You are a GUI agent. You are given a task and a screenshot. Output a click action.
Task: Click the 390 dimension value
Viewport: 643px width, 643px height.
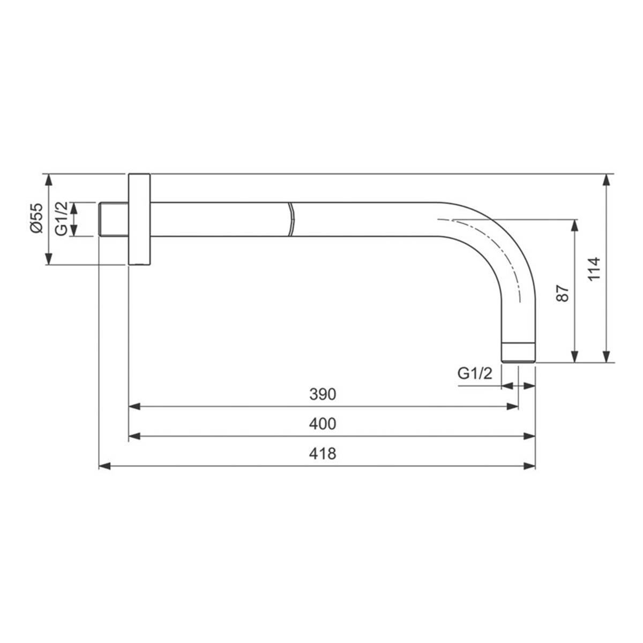323,394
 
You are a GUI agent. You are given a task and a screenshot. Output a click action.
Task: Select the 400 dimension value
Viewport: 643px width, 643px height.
323,424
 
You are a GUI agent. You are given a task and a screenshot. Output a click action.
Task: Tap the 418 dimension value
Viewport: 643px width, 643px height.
323,454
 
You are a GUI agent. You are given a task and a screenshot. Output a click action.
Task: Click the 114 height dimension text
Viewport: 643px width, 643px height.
593,270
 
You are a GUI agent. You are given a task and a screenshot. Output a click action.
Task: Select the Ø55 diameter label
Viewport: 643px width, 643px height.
36,218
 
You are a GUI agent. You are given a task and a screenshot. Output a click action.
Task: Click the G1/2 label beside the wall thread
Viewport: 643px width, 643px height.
62,219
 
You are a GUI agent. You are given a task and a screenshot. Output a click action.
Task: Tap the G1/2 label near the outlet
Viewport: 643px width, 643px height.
475,373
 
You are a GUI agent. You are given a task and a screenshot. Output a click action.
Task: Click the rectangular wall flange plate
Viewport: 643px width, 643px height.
139,219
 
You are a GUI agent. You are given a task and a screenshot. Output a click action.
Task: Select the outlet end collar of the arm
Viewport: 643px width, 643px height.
519,352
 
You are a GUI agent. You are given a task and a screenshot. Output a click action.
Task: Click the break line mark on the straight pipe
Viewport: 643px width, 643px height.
291,219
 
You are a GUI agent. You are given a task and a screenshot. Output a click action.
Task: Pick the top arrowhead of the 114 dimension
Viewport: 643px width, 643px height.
607,180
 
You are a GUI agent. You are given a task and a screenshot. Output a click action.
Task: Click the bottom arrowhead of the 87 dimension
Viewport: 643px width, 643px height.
575,357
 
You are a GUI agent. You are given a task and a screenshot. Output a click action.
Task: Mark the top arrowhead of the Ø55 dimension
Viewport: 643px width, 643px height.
49,180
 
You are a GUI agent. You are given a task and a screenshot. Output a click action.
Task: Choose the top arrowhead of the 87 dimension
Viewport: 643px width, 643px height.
575,225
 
